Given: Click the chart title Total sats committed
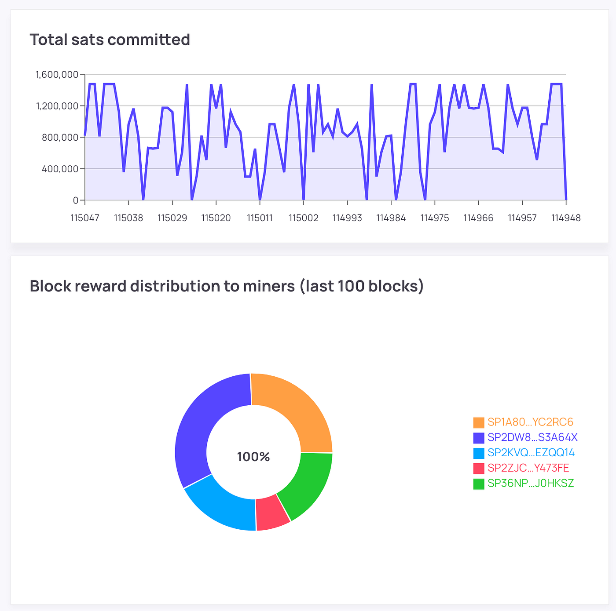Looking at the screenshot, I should (x=110, y=40).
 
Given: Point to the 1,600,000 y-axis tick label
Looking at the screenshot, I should (x=57, y=74).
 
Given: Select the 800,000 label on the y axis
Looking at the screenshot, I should (x=60, y=137).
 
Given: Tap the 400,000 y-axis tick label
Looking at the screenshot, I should (x=60, y=169).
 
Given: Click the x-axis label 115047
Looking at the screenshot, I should (x=85, y=218).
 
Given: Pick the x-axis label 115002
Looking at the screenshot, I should (x=304, y=218).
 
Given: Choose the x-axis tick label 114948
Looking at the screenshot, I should (x=566, y=218).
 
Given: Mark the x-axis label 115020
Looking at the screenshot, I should (x=216, y=218).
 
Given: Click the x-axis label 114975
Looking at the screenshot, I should (x=435, y=218).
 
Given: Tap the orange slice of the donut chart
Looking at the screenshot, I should (x=295, y=409).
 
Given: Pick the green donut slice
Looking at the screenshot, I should (x=306, y=484).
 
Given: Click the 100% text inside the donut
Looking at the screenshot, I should (x=253, y=457).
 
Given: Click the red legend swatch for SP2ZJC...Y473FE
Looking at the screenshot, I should (x=479, y=469).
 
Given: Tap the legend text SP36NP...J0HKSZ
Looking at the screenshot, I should (x=531, y=484).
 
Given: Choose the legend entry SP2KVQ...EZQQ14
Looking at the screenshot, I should (x=531, y=453).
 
